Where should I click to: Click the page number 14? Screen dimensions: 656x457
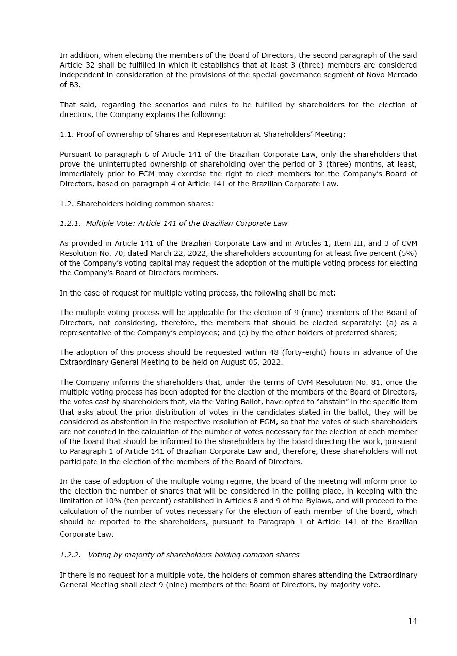[412, 621]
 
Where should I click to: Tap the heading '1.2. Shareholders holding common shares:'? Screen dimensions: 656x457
[137, 204]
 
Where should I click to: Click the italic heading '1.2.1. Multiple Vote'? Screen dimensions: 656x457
[173, 223]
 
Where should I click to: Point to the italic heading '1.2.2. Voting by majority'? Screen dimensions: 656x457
[179, 555]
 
